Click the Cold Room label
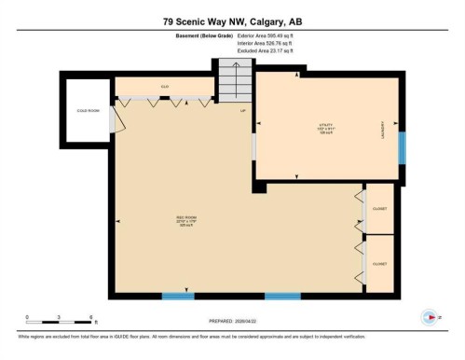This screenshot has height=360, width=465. point(87,110)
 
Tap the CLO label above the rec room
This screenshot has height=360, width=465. point(164,87)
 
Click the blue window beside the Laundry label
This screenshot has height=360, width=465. point(402,147)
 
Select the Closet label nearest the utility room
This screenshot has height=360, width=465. point(379,209)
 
